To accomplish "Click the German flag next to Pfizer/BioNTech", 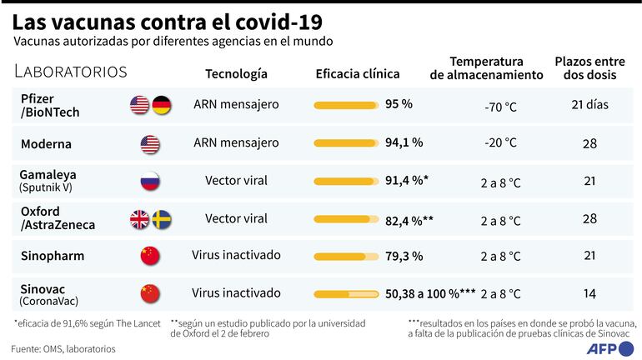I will tap(161, 105).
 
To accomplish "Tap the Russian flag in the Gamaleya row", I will tap(150, 181).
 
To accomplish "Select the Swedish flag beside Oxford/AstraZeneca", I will tap(161, 219).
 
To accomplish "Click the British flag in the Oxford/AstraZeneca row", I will tap(139, 219).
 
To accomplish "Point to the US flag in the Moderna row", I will tap(150, 143).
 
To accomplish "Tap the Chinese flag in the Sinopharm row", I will tap(150, 256).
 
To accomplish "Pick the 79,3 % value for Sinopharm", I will tap(404, 255).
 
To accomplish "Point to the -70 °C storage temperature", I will tap(500, 107).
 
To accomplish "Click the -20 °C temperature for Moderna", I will tap(500, 143).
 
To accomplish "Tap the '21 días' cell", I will tap(589, 105).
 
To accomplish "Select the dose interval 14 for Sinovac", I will tap(589, 293).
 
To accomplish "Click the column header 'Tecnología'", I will tap(236, 74).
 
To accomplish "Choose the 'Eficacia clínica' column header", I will tap(357, 74).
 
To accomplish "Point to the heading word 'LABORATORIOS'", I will tap(71, 72).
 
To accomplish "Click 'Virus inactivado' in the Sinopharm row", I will tap(236, 255).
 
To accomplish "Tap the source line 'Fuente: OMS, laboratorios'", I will tap(63, 348).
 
